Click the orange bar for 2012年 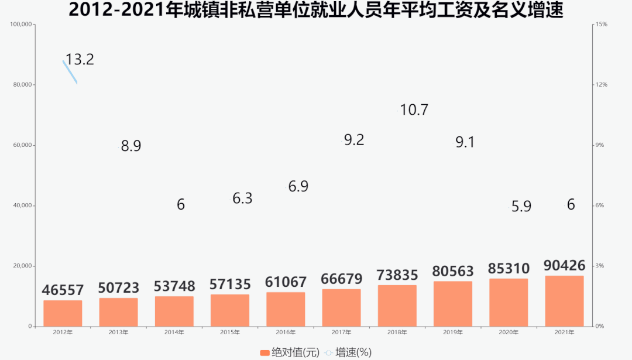click(x=63, y=313)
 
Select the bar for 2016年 click(x=286, y=309)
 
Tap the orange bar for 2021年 click(x=564, y=301)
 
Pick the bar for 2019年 click(x=452, y=304)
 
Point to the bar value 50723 click(x=119, y=288)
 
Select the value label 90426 click(x=564, y=266)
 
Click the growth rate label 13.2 click(x=80, y=60)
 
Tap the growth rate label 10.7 click(x=415, y=109)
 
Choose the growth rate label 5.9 click(x=521, y=206)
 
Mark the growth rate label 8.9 click(x=131, y=146)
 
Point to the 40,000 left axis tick click(x=22, y=205)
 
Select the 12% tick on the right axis click(x=602, y=85)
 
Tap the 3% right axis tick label click(x=600, y=266)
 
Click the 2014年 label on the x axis click(x=174, y=332)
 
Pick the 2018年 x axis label click(x=397, y=332)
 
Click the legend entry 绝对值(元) click(x=290, y=352)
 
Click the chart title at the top click(x=316, y=10)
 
